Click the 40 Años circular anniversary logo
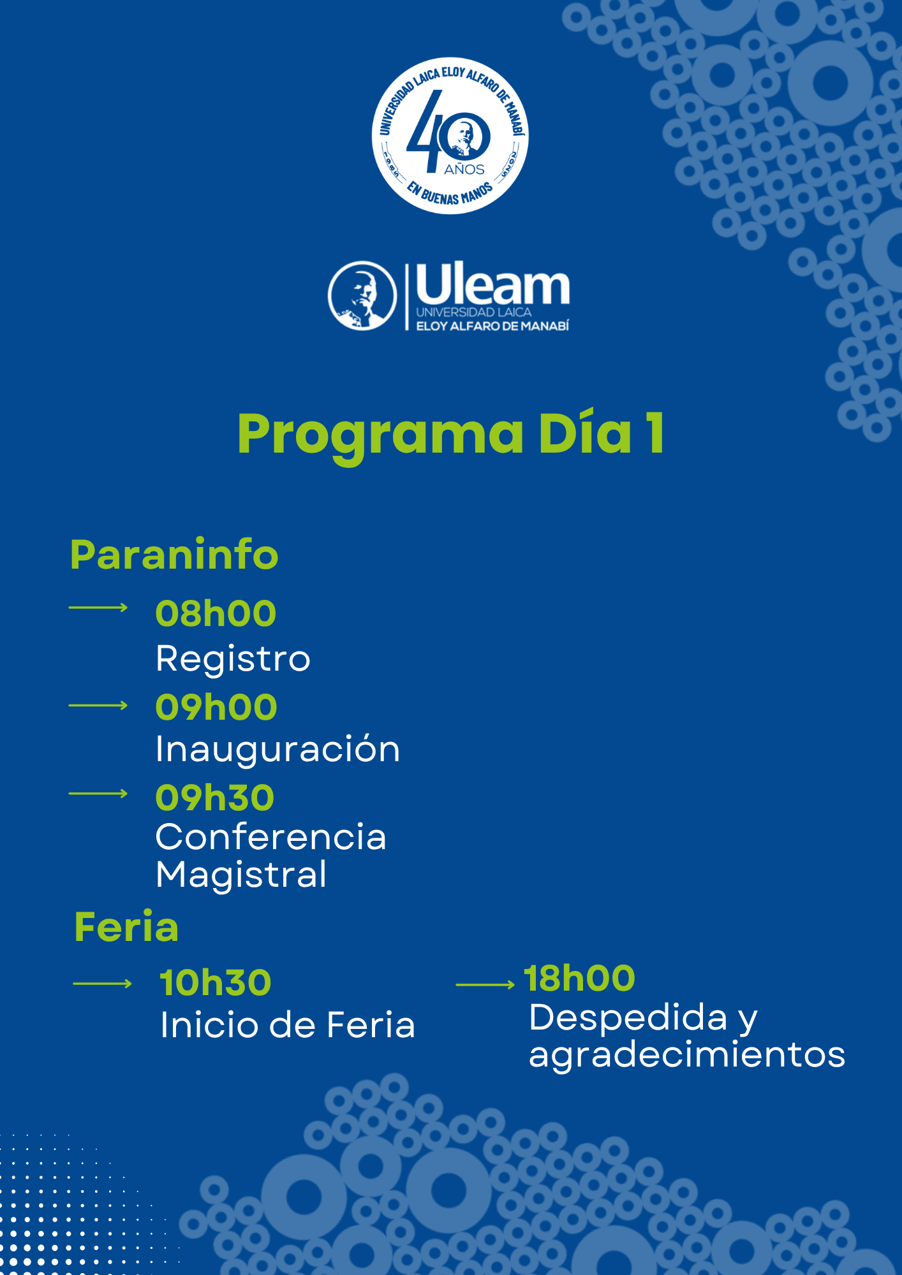[x=450, y=136]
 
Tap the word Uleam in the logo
[x=492, y=284]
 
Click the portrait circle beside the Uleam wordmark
[x=362, y=296]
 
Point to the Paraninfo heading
[x=174, y=555]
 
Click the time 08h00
[x=216, y=613]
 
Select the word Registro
[x=233, y=659]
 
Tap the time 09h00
[x=216, y=707]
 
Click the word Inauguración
[x=278, y=748]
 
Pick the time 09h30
[x=215, y=798]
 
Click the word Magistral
[x=241, y=874]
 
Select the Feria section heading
[x=126, y=927]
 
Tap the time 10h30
[x=216, y=982]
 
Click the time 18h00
[x=579, y=979]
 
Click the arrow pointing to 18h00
[x=485, y=985]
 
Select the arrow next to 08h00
[x=98, y=608]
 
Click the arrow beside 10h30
[x=103, y=984]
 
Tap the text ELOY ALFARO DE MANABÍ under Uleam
[x=492, y=326]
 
